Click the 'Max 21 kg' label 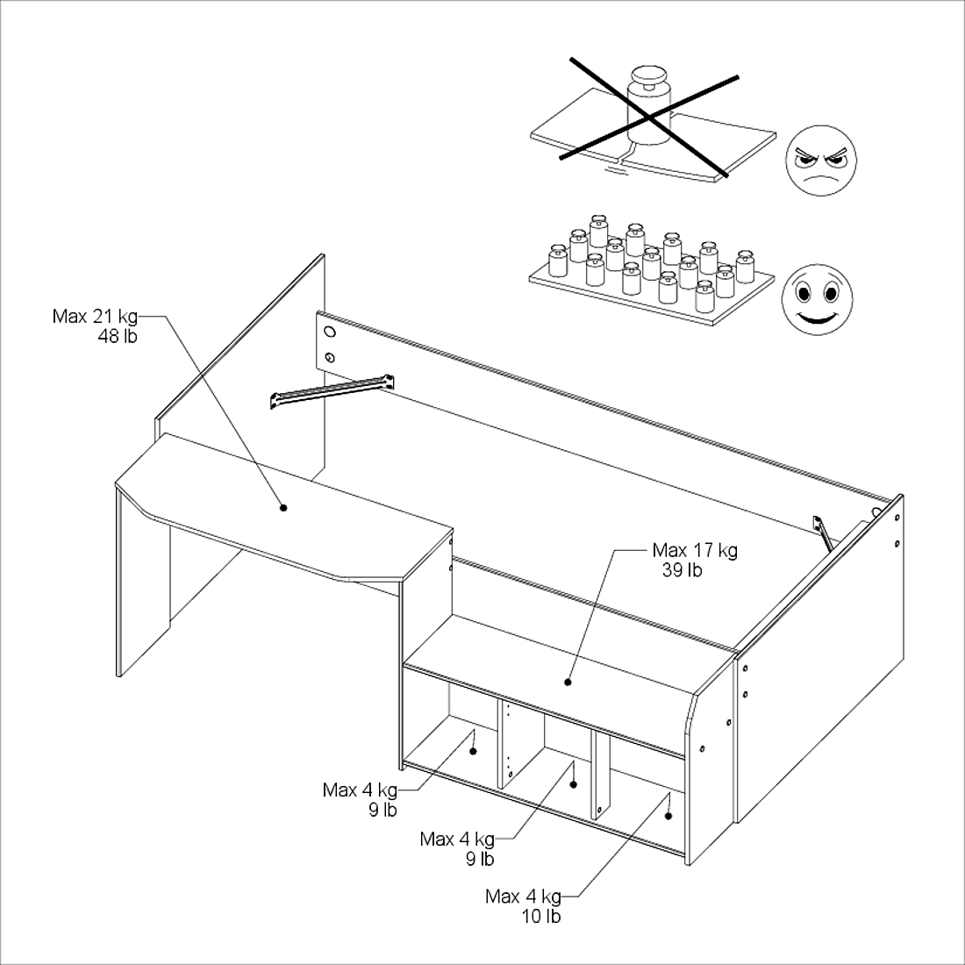95,317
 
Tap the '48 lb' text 118,337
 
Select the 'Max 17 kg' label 695,550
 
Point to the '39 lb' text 682,570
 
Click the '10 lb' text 541,917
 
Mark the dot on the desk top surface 283,508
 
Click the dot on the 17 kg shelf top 568,682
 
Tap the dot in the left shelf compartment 473,752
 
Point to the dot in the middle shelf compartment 573,784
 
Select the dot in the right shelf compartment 668,817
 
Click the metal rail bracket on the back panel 332,390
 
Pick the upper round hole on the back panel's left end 330,332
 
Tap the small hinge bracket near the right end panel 823,533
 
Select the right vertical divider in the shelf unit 600,774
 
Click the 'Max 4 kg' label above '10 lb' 523,897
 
